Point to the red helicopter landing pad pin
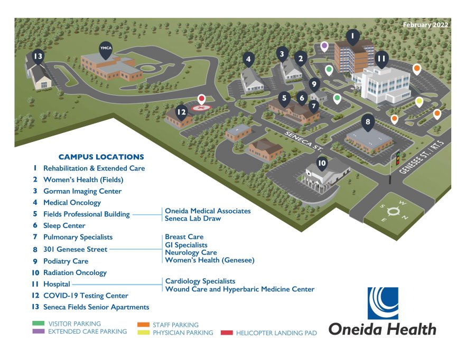(201, 100)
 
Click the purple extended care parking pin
(324, 46)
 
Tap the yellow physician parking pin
(420, 101)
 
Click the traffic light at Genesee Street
(398, 158)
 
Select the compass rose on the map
(392, 212)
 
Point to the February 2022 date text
(425, 25)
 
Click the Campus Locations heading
(101, 157)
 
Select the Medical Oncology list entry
(72, 203)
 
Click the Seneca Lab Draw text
(193, 219)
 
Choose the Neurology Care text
(191, 253)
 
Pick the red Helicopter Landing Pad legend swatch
(227, 333)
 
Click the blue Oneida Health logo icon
(383, 304)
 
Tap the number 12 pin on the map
(182, 112)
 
